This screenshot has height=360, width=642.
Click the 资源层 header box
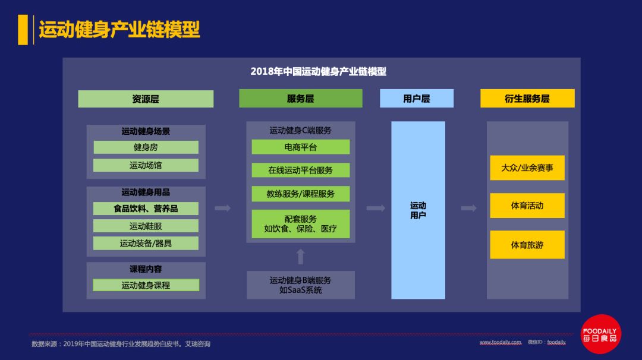click(x=146, y=99)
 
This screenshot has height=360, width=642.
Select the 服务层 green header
click(x=300, y=99)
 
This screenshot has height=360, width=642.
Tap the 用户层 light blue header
click(x=416, y=99)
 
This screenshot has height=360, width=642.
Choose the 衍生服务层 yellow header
click(x=527, y=99)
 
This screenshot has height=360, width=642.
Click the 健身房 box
click(x=146, y=147)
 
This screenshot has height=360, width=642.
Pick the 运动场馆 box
click(x=146, y=165)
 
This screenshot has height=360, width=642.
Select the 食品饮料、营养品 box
click(x=146, y=209)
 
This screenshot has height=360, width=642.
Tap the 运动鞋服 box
click(x=146, y=226)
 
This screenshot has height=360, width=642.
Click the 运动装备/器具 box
click(x=146, y=243)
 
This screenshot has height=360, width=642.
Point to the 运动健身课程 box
click(x=146, y=285)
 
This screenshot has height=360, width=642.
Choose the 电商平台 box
click(x=300, y=147)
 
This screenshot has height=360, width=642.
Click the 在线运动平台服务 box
click(x=300, y=170)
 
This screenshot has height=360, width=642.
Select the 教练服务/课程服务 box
click(x=300, y=194)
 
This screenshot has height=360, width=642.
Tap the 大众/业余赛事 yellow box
click(x=527, y=168)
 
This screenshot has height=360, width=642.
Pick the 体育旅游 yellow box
click(x=527, y=245)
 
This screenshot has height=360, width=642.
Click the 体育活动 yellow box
click(x=527, y=206)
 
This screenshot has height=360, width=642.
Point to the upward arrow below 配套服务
click(x=301, y=257)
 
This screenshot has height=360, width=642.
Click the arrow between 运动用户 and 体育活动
click(x=469, y=208)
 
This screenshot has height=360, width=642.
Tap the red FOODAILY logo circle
click(x=600, y=334)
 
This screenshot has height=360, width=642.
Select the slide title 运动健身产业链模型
click(x=119, y=29)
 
